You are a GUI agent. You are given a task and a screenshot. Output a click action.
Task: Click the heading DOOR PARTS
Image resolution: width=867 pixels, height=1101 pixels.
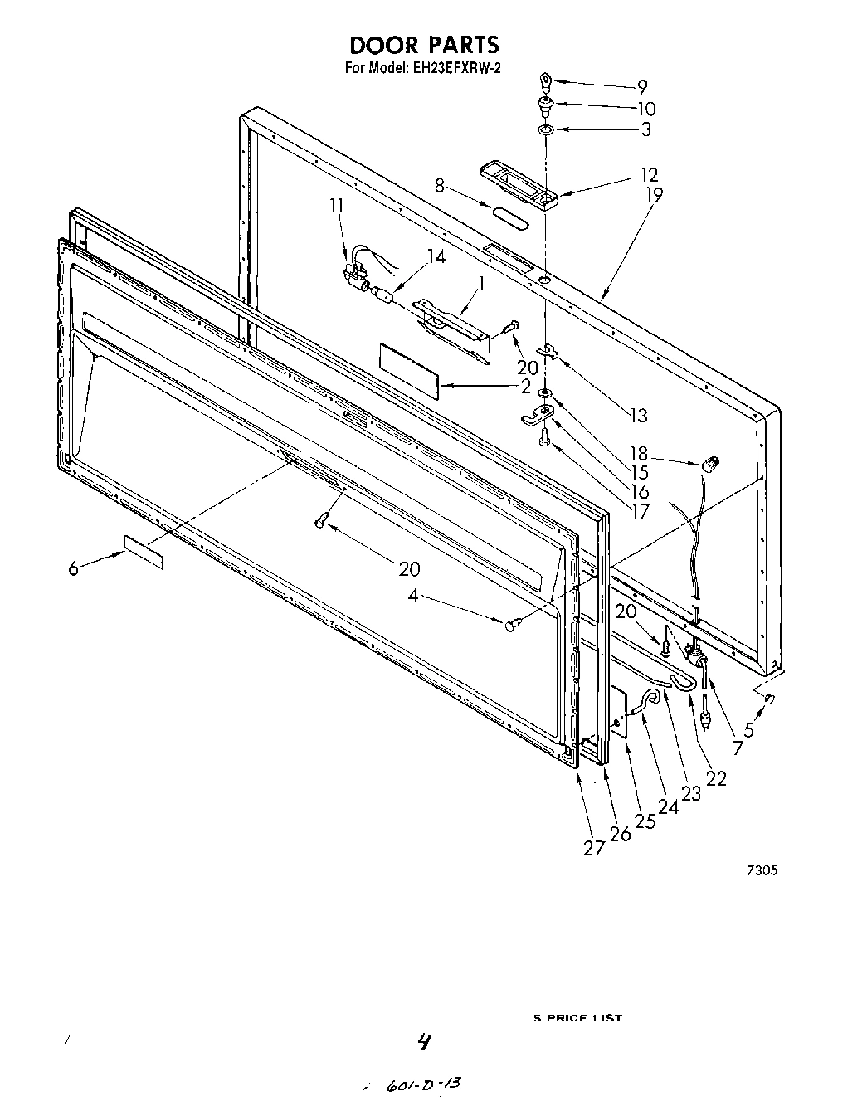pos(423,45)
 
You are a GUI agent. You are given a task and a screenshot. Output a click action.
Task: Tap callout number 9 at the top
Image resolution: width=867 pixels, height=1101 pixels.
pos(642,86)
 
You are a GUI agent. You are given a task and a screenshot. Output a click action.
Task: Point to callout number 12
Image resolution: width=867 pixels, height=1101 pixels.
pos(649,175)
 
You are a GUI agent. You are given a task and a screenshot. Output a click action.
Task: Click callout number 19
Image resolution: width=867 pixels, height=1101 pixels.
pos(655,196)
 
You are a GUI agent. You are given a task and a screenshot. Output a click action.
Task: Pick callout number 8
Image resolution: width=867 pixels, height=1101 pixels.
pos(440,187)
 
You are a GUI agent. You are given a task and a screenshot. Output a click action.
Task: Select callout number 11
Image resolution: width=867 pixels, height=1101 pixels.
pos(335,206)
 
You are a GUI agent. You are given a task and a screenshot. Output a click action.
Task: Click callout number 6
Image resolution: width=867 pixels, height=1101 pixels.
pos(73,568)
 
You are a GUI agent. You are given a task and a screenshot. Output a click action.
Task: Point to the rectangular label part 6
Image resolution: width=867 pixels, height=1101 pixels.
pos(144,552)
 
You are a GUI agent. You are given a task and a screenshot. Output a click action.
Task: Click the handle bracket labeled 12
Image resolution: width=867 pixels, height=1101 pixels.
pos(519,186)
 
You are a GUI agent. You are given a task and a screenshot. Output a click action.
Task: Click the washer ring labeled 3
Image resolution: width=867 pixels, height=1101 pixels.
pos(545,130)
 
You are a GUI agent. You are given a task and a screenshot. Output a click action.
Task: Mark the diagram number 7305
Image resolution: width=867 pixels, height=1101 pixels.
pos(761,870)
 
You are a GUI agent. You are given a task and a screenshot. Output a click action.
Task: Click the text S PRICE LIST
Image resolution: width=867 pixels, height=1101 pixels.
pos(577,1018)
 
